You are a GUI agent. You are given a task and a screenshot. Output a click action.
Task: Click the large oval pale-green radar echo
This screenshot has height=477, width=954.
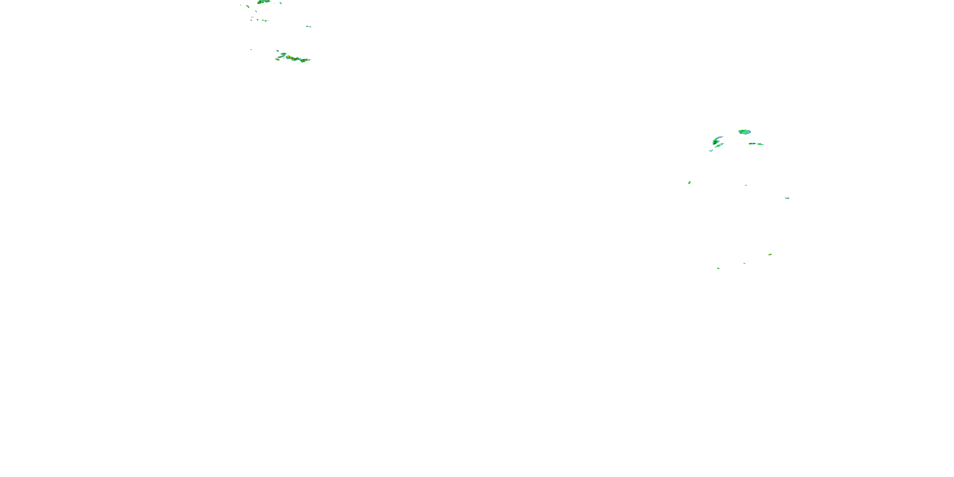click(744, 132)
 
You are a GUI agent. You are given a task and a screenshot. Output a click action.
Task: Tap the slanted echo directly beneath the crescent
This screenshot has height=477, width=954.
click(719, 146)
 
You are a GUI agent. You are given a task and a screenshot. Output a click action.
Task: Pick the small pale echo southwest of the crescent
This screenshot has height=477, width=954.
click(711, 150)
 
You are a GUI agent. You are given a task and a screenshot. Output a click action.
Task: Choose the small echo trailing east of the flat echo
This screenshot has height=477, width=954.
click(761, 144)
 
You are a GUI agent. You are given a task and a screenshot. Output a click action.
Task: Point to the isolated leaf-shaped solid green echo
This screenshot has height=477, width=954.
click(689, 182)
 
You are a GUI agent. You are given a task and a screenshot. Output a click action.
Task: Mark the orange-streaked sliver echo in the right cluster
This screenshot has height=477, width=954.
click(770, 254)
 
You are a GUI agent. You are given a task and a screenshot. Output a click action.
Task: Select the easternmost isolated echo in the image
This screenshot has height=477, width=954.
click(787, 198)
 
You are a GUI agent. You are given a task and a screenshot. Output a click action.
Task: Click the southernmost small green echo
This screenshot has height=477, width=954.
click(718, 268)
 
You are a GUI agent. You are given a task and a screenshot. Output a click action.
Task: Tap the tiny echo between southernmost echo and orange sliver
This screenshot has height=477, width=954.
click(744, 263)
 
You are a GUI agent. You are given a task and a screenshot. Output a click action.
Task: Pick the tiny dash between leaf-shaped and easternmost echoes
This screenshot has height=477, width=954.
click(746, 185)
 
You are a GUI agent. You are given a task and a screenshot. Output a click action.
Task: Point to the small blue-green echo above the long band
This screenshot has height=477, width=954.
click(278, 51)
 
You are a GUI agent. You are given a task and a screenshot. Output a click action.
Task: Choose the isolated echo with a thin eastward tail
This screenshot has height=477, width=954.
click(308, 26)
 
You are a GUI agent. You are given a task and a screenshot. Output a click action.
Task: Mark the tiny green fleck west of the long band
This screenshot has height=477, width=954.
click(251, 50)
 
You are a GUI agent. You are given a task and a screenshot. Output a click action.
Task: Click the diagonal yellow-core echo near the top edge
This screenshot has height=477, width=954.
click(247, 6)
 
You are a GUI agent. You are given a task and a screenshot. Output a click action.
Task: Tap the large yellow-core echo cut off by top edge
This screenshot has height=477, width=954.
click(264, 2)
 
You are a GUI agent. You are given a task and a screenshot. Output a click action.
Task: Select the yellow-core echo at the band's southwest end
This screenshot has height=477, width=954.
click(277, 59)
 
